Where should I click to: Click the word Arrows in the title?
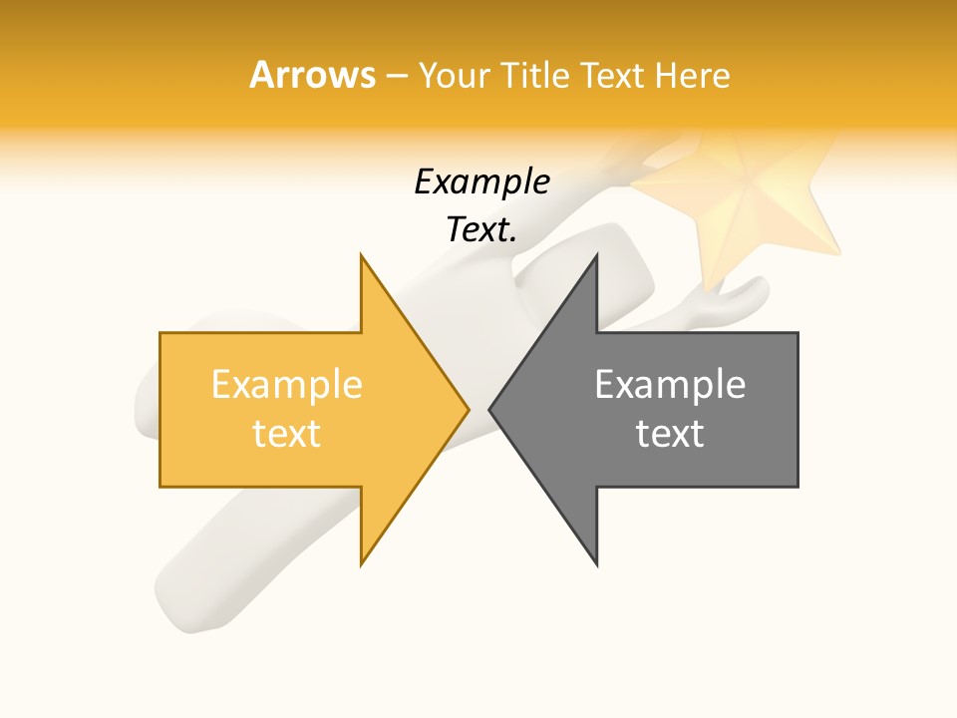[312, 75]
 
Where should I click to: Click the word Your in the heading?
[456, 75]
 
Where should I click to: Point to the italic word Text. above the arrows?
[481, 230]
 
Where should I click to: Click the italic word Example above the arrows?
[481, 182]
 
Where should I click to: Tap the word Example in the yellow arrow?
[286, 385]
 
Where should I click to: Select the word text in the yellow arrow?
[286, 433]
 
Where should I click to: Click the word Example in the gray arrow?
[670, 385]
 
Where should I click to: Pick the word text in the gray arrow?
[670, 433]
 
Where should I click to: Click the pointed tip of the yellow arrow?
[468, 409]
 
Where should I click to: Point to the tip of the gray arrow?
[490, 409]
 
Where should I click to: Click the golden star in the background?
[743, 199]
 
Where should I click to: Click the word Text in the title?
[615, 75]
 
